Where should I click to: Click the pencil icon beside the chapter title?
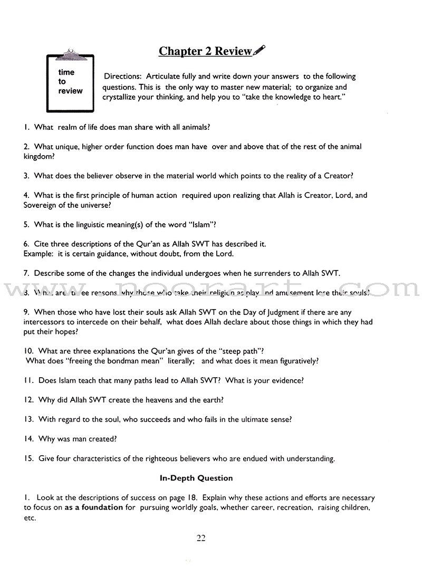(x=260, y=50)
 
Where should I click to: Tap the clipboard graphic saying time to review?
(x=70, y=82)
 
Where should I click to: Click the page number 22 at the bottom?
(x=201, y=538)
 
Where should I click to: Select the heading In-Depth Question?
(x=196, y=478)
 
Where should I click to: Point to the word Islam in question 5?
(x=199, y=224)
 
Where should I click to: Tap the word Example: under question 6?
(x=38, y=254)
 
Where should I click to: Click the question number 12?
(x=28, y=400)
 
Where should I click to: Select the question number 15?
(x=28, y=458)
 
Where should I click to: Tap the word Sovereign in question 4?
(x=41, y=205)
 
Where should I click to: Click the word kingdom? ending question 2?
(x=41, y=156)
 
